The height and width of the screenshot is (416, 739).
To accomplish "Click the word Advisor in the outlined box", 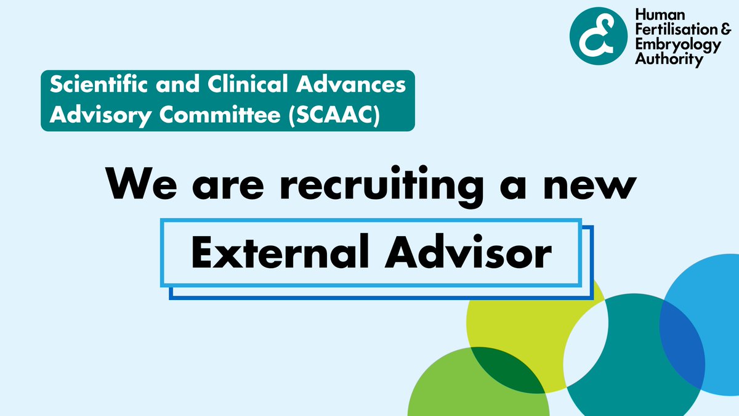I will (x=466, y=253).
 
